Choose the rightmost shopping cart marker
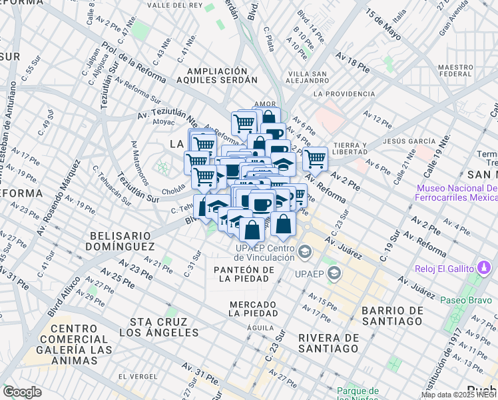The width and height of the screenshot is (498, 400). coord(315,159)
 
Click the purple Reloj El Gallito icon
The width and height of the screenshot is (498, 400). coord(484,268)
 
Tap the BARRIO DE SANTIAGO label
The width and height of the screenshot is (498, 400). coord(391,316)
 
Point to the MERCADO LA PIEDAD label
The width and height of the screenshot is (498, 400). coord(244,308)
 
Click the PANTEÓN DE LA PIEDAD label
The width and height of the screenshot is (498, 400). coord(244,274)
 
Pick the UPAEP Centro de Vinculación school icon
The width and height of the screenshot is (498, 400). coord(305,251)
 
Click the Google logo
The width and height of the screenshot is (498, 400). coord(22,391)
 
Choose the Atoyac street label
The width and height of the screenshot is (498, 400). coord(163,123)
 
